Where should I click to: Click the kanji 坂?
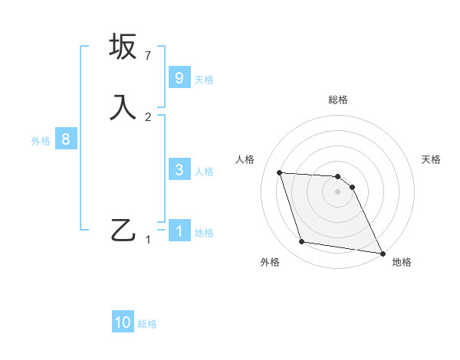(123, 47)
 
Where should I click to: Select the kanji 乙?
(123, 230)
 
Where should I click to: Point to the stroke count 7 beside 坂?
(148, 56)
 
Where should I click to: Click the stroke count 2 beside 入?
(148, 116)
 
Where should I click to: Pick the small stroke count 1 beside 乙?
(148, 240)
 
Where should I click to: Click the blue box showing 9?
(179, 77)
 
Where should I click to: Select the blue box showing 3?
(179, 169)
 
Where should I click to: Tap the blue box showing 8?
(66, 139)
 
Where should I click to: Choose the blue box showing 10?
(123, 322)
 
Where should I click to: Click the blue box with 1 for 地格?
(179, 231)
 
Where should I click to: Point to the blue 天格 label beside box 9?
(204, 80)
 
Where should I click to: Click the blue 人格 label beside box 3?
(204, 172)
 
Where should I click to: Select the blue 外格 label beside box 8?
(41, 141)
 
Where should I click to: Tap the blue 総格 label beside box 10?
(147, 324)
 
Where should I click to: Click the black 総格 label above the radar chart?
(338, 100)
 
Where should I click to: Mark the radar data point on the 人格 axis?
(279, 172)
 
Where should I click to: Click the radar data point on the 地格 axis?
(382, 253)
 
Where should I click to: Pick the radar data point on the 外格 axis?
(302, 242)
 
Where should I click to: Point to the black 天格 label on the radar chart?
(432, 159)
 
